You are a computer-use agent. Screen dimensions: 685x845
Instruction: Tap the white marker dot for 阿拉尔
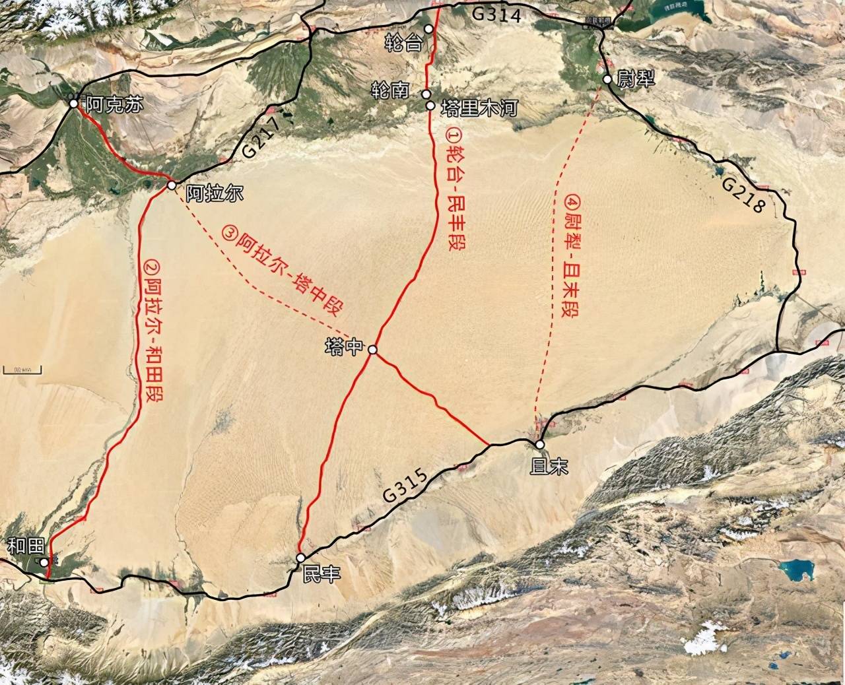pos(171,186)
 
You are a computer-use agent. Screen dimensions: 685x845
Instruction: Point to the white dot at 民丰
pos(300,558)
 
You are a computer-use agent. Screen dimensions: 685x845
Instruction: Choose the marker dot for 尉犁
pos(607,80)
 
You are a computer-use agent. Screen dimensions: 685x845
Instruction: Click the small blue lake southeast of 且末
pos(798,571)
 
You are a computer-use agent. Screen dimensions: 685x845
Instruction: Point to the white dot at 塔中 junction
pos(372,350)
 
